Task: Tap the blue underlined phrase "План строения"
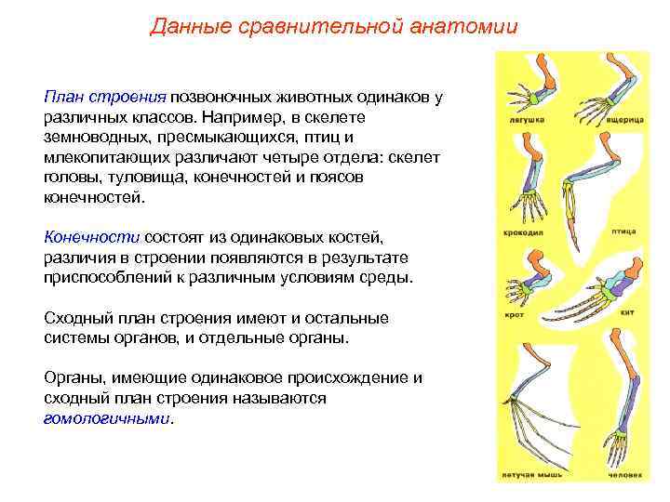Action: (x=104, y=98)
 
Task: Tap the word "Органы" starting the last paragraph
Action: (x=74, y=378)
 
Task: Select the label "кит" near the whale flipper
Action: (x=627, y=314)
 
